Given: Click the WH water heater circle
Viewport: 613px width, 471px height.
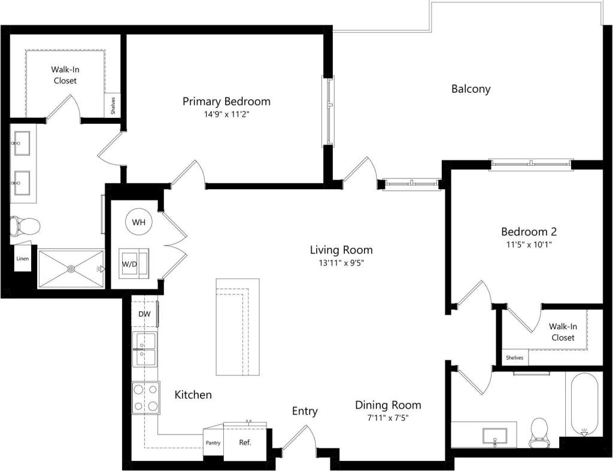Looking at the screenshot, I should click(x=139, y=223).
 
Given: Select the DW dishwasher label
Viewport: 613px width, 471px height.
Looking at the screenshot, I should click(x=144, y=314).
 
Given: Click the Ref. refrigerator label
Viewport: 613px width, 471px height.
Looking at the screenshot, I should click(x=245, y=443).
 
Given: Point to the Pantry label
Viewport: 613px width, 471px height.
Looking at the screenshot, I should click(x=213, y=443).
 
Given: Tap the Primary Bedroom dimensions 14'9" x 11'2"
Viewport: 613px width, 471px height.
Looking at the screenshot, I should click(x=226, y=114).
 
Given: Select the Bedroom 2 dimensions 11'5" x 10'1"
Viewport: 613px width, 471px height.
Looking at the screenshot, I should click(x=529, y=244).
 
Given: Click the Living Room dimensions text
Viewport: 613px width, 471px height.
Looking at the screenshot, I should click(x=341, y=262).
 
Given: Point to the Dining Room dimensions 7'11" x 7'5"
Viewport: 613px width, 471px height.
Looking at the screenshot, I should click(x=388, y=418).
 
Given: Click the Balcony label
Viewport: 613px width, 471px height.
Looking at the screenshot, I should click(x=471, y=89).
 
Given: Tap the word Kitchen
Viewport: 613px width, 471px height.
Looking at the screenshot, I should click(x=193, y=395).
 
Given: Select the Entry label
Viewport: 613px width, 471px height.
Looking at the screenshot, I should click(x=305, y=411).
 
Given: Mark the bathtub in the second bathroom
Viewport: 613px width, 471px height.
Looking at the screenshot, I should click(x=584, y=405).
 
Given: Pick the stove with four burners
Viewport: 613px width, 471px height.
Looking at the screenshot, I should click(x=145, y=397).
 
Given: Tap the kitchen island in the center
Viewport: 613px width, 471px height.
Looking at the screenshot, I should click(x=238, y=327).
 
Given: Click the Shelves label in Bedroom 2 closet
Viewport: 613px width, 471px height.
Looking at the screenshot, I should click(x=514, y=358).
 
